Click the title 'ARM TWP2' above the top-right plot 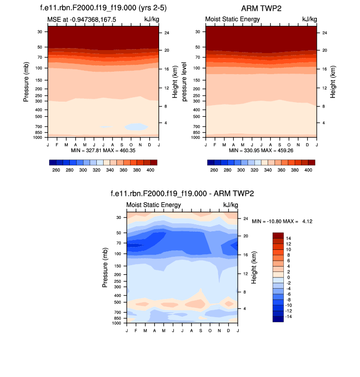point(260,8)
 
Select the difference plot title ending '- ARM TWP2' point(182,194)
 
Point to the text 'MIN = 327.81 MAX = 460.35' point(103,150)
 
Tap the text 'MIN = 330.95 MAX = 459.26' point(261,150)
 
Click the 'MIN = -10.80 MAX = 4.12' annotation point(282,221)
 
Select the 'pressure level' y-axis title point(185,82)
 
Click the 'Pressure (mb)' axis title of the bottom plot point(106,268)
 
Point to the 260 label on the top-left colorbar point(55,169)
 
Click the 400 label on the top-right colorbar point(308,169)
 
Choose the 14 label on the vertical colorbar point(288,238)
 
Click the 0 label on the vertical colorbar point(288,277)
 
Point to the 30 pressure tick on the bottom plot point(118,217)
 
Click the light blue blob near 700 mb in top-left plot point(136,127)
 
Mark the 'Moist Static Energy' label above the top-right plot point(232,19)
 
